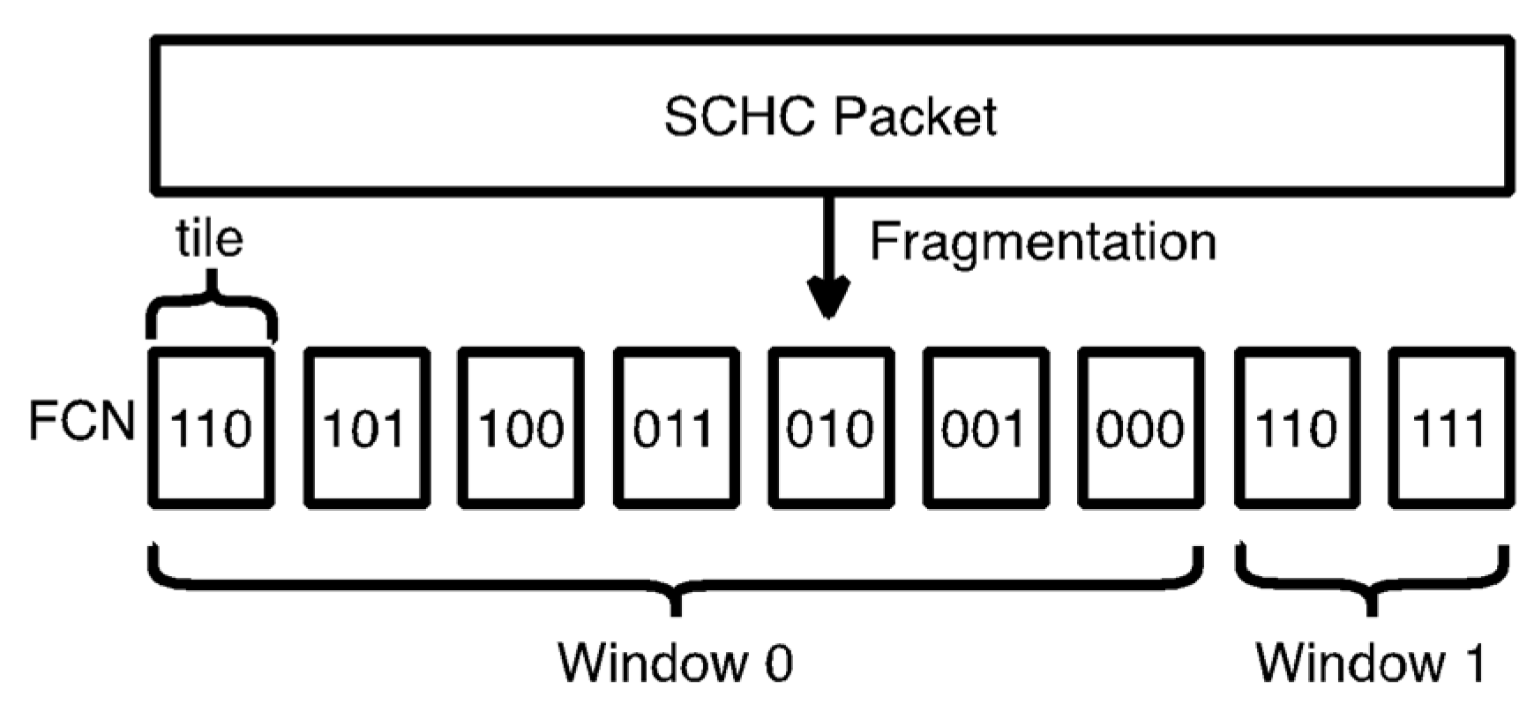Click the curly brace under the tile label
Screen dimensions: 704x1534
(211, 313)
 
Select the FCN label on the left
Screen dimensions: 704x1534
(81, 422)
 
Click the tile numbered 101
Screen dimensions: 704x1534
(366, 429)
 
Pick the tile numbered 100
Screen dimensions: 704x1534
(520, 429)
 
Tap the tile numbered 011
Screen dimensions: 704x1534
(676, 429)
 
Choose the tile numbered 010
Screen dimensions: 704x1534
(830, 429)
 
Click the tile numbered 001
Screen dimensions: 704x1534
(985, 429)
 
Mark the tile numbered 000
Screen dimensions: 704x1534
(1141, 429)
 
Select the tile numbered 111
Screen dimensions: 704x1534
(1450, 429)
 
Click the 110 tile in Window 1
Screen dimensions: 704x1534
(1296, 429)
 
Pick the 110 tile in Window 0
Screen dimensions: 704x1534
(211, 429)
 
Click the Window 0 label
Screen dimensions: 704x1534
(676, 662)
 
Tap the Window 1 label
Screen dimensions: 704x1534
(1371, 662)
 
